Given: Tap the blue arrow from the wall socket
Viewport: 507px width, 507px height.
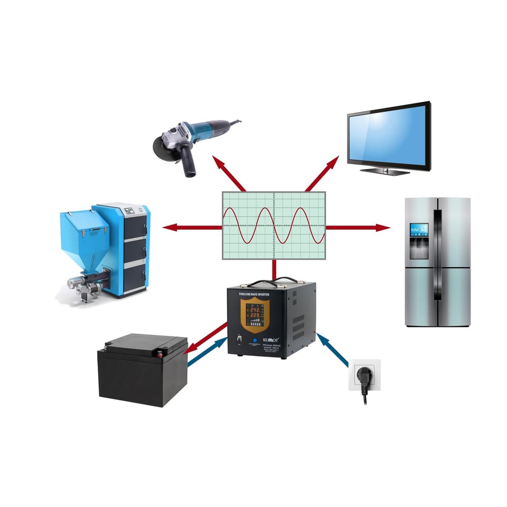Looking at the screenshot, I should coord(333,349).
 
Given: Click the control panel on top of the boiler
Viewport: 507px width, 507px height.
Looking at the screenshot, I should coord(130,210).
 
